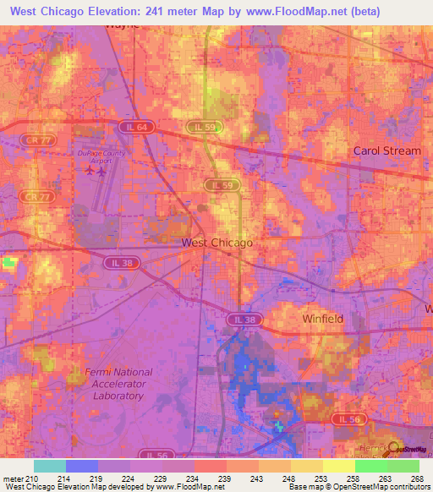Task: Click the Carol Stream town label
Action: [386, 150]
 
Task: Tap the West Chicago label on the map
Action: [217, 243]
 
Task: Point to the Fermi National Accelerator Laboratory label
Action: [118, 383]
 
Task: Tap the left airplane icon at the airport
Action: [90, 171]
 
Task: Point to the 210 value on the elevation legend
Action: [32, 478]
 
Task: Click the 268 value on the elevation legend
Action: [418, 478]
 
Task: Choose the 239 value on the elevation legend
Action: [225, 478]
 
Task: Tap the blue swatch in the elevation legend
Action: [82, 466]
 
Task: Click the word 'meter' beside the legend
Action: [13, 478]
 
